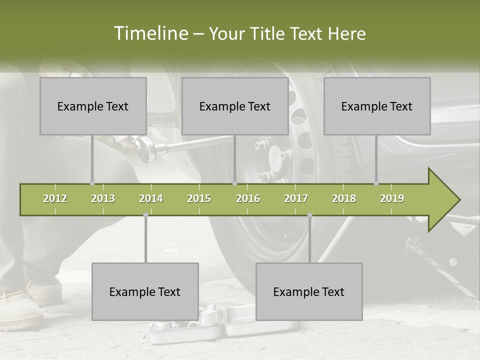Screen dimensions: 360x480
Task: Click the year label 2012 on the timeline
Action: point(55,198)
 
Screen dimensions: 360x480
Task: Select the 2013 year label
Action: point(103,198)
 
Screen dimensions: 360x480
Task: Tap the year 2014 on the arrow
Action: point(151,198)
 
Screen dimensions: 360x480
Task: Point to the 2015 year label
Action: point(199,198)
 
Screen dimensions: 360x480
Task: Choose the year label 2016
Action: point(248,198)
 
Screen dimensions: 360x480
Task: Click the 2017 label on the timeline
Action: point(296,198)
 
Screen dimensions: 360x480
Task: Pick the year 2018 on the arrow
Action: point(344,198)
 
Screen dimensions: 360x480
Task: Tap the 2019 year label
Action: point(392,198)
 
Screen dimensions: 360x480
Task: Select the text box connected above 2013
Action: point(93,106)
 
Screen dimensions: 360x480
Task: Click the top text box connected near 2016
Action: point(235,106)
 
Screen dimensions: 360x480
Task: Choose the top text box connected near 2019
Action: point(377,106)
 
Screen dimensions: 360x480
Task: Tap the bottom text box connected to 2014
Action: point(145,291)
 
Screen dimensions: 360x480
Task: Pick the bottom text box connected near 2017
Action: point(309,291)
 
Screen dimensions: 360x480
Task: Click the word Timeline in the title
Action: point(150,33)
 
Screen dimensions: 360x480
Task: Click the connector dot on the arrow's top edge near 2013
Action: point(92,183)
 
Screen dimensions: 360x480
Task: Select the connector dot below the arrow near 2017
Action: point(309,215)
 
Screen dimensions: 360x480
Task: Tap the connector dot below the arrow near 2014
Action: point(145,215)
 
